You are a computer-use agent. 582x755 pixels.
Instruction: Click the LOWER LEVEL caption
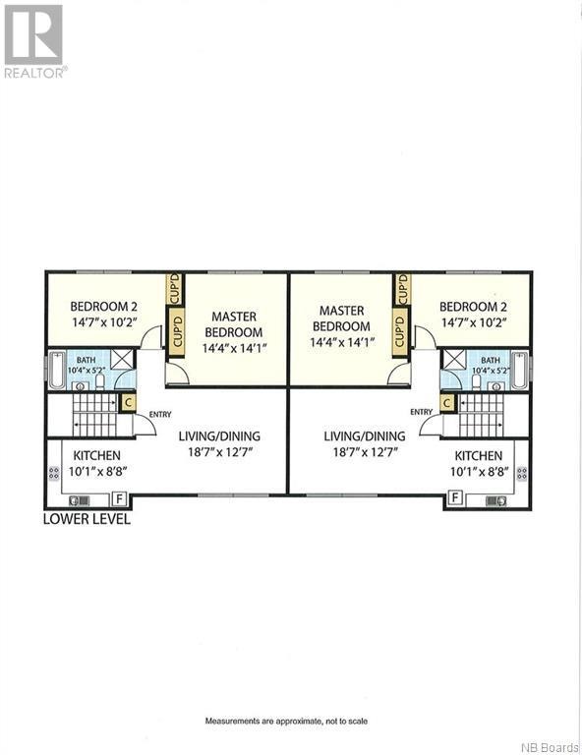click(87, 518)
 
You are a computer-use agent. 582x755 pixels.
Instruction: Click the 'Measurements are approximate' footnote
click(286, 721)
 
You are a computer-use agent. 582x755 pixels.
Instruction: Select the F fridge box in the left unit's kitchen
click(121, 497)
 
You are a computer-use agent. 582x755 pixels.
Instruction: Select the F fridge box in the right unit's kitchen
click(455, 497)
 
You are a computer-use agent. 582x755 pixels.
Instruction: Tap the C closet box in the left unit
click(128, 401)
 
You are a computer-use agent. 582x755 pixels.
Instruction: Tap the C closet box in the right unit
click(447, 401)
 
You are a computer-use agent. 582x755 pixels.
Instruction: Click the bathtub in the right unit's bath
click(522, 371)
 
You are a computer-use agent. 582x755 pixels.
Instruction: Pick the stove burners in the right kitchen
click(523, 473)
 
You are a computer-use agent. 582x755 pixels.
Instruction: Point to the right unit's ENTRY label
click(421, 412)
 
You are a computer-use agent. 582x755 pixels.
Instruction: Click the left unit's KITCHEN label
click(96, 455)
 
